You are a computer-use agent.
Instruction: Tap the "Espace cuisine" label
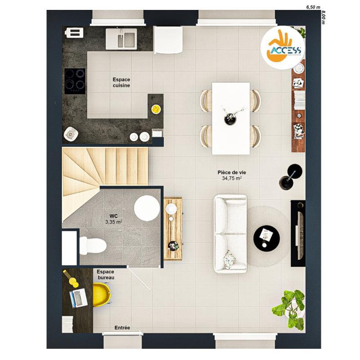[121, 82]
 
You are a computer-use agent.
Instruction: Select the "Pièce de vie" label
[232, 172]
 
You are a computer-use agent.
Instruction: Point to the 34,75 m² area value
[232, 179]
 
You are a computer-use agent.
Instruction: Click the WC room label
[114, 216]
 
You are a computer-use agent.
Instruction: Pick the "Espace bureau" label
[106, 275]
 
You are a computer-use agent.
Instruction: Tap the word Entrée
[122, 328]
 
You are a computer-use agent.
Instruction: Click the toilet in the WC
[94, 246]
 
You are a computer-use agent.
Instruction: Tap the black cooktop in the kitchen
[75, 81]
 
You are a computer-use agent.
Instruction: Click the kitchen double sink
[121, 39]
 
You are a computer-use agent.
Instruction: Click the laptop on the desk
[78, 298]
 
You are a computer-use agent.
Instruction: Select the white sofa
[230, 233]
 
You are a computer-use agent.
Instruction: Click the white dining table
[231, 117]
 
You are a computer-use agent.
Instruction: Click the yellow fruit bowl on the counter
[156, 108]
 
